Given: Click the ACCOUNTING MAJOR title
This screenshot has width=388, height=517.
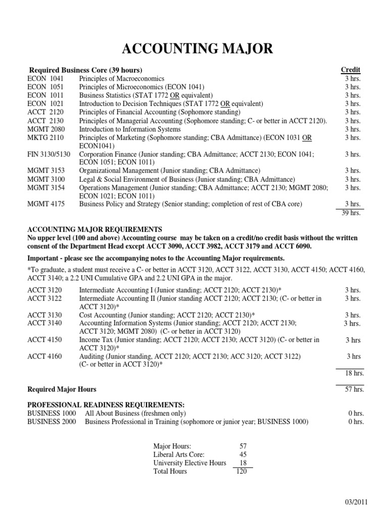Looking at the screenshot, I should pos(198,49).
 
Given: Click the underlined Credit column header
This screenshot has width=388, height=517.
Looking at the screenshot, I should pos(351,70).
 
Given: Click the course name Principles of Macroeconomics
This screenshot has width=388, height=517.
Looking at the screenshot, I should pos(122,79).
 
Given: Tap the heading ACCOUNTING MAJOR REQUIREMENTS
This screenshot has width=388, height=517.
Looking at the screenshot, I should pos(95,229).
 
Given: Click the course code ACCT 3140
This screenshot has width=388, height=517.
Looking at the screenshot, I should pos(45,323).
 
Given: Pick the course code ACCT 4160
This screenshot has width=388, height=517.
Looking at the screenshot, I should pos(45,356).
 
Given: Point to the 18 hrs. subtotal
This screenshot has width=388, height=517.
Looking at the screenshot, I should pos(354,373).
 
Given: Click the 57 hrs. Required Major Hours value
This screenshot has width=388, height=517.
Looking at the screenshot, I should pos(354,389).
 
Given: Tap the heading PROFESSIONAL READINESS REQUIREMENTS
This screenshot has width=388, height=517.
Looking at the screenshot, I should pos(106,405).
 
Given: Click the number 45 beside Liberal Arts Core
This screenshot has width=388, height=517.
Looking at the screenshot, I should pos(242,454).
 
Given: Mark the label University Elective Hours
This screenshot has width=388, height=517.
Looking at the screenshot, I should pos(189,462).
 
